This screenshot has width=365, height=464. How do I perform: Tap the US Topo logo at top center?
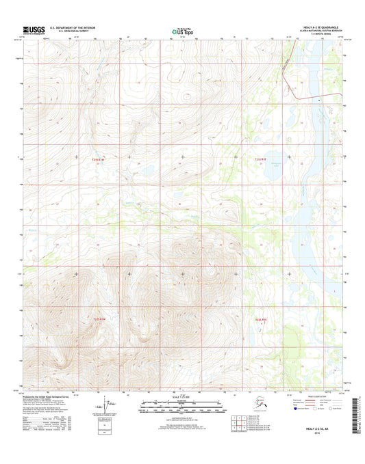[182, 30]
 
